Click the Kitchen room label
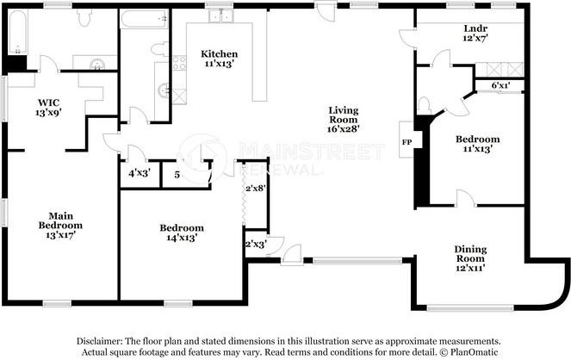[x=220, y=54]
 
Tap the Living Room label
[x=344, y=115]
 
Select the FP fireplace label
[x=407, y=142]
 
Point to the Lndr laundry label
[x=475, y=28]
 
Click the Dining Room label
[x=470, y=254]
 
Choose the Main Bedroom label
[x=60, y=220]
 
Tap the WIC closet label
[x=48, y=102]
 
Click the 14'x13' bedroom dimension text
[x=182, y=238]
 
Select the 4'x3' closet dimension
[x=140, y=173]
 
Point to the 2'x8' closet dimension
[x=255, y=189]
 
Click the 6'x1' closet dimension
[x=500, y=85]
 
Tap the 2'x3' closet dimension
[x=256, y=244]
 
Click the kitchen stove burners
[x=179, y=63]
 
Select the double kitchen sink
[x=221, y=16]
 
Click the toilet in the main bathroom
[x=84, y=18]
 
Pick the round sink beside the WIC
[x=97, y=65]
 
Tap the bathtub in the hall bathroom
[x=144, y=19]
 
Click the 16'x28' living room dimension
[x=344, y=128]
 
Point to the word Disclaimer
[x=98, y=341]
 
